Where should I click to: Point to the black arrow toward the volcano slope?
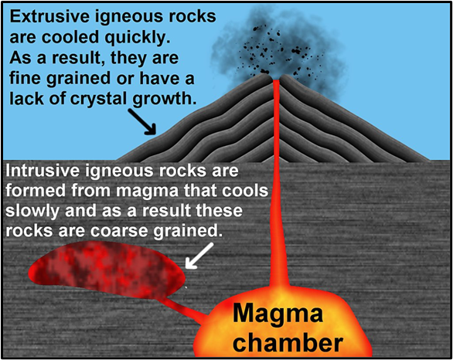[141, 121]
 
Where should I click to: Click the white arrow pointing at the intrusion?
[199, 256]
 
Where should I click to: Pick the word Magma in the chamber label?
[278, 314]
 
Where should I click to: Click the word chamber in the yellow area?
[288, 342]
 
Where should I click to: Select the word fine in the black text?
[26, 79]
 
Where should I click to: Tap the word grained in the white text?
[188, 232]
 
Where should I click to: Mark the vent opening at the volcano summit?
[277, 79]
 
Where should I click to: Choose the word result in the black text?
[80, 59]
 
